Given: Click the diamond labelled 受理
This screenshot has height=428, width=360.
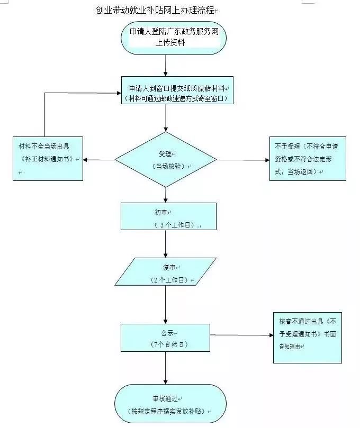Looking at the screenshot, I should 166,159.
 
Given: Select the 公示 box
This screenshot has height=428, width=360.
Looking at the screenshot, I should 166,338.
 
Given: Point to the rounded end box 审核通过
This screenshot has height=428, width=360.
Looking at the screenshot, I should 170,404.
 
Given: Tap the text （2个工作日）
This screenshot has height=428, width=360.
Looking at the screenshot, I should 170,279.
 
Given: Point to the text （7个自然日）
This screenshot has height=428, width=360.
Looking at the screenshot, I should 169,344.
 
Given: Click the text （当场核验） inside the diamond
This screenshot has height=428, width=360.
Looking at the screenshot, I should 167,166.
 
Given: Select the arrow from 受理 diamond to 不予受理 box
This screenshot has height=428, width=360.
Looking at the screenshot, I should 244,159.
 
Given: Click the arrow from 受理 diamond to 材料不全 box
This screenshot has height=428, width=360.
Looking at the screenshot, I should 99,159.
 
